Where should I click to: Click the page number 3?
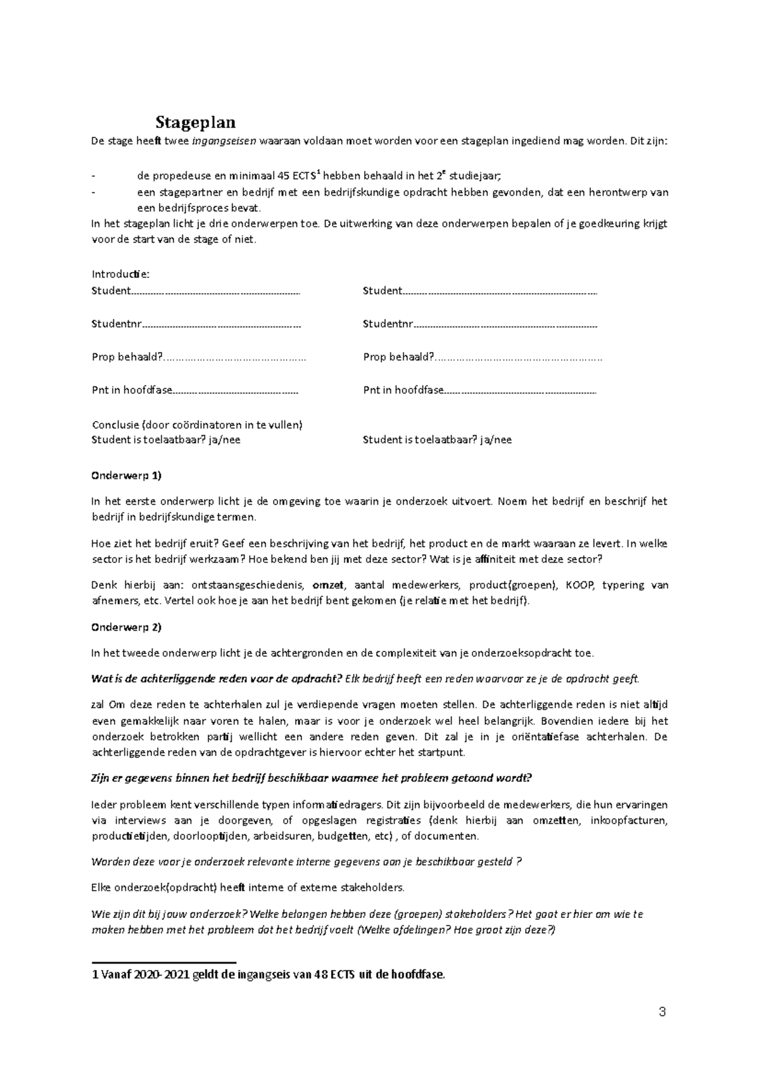pos(662,1012)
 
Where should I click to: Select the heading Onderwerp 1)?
pos(127,475)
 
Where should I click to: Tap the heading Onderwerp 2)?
pos(127,627)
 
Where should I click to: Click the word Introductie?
pos(120,274)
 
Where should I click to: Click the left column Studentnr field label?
pos(116,324)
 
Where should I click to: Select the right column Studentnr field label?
pos(388,324)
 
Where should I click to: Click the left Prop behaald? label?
pos(127,357)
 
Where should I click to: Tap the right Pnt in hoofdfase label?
pos(403,390)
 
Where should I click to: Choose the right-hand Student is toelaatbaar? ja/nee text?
pos(437,439)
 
